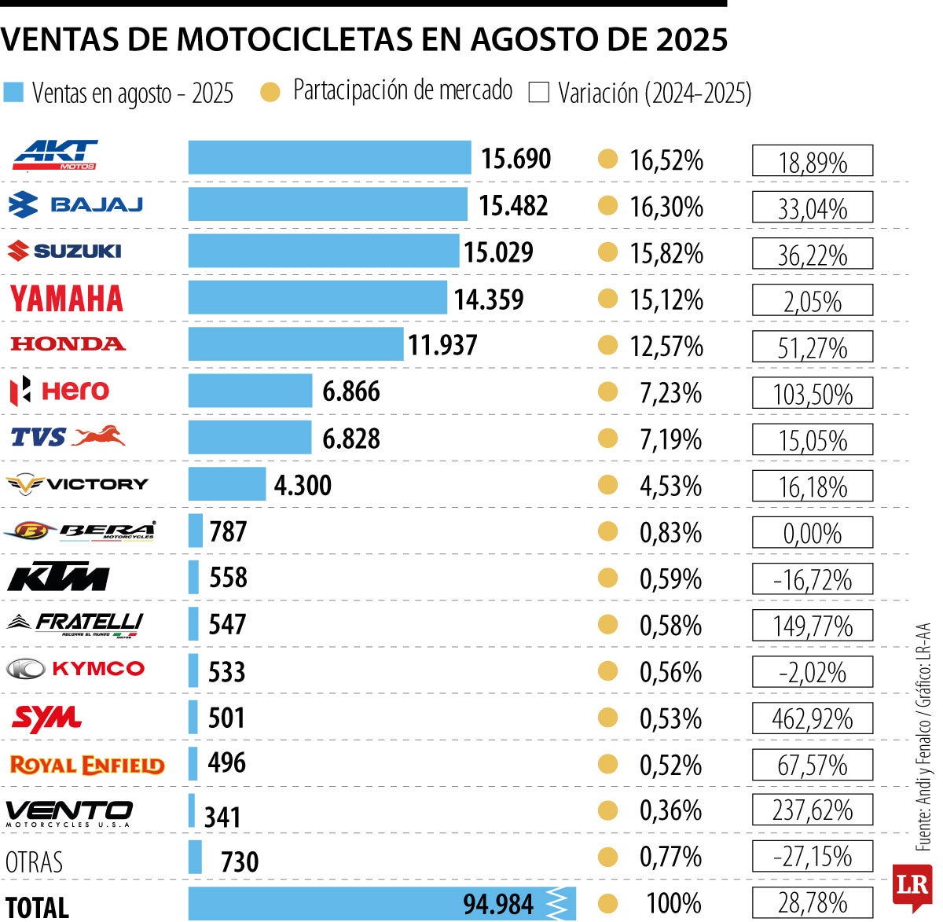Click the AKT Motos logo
tap(55, 155)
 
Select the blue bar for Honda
tap(295, 344)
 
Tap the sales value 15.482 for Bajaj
tap(513, 206)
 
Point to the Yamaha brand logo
tap(67, 299)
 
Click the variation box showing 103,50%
tap(812, 393)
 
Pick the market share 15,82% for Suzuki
tap(666, 253)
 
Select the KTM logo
tap(58, 577)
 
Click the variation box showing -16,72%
tap(812, 579)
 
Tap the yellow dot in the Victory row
tap(607, 485)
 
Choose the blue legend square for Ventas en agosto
tap(14, 92)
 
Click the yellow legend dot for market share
tap(270, 93)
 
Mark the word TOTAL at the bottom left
tap(37, 906)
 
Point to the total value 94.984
tap(497, 904)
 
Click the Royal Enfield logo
tap(86, 765)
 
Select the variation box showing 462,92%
tap(812, 718)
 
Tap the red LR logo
tap(912, 886)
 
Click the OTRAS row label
tap(34, 861)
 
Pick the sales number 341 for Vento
tap(222, 817)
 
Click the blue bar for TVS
tap(250, 438)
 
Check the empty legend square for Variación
tap(539, 93)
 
